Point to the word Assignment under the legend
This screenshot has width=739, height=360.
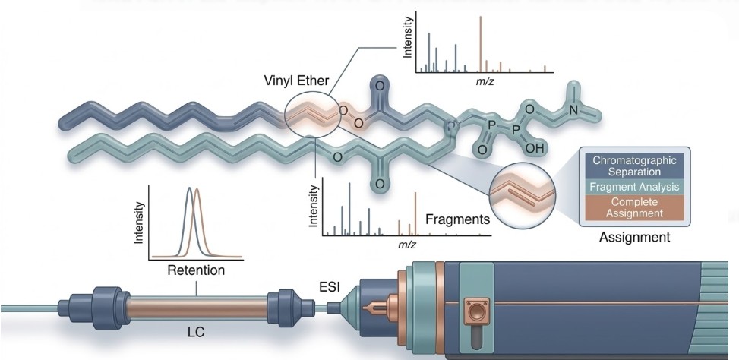coord(635,238)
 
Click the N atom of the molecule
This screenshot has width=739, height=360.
coord(574,109)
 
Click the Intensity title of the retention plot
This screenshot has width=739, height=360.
coord(139,220)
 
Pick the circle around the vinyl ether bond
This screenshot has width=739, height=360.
coord(312,115)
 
